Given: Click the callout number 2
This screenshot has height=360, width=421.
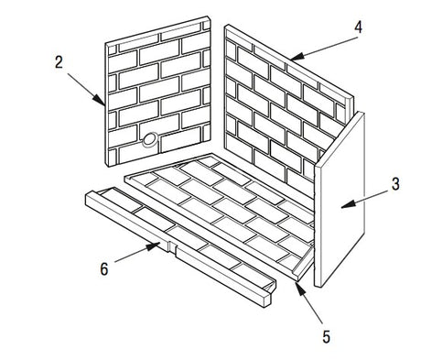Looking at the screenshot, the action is (59, 62).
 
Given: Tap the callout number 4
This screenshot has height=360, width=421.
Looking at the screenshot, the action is (359, 27).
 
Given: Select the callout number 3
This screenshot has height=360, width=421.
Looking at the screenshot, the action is (395, 184).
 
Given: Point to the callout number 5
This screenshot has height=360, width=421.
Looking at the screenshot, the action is (326, 337).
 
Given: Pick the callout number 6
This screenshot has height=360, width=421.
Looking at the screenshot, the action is (104, 269).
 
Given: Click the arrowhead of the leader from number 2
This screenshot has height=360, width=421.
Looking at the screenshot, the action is (100, 101).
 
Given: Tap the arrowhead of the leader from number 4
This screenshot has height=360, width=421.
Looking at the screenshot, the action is (297, 56).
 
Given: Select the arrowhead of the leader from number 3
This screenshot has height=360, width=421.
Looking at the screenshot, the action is (348, 204).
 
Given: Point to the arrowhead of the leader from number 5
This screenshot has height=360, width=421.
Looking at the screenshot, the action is (300, 289).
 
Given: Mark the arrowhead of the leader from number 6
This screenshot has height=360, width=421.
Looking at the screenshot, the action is (154, 245).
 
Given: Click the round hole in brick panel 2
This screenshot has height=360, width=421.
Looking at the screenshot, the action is (150, 139).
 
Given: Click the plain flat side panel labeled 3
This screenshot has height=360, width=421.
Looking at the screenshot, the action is (340, 199).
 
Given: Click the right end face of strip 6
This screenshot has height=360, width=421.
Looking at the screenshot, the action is (267, 300).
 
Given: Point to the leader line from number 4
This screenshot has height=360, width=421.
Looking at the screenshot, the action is (327, 47).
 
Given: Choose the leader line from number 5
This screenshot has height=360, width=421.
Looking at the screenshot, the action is (309, 304).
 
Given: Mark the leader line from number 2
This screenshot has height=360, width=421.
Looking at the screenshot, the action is (86, 89).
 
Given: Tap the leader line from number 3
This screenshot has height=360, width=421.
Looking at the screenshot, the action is (364, 199).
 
